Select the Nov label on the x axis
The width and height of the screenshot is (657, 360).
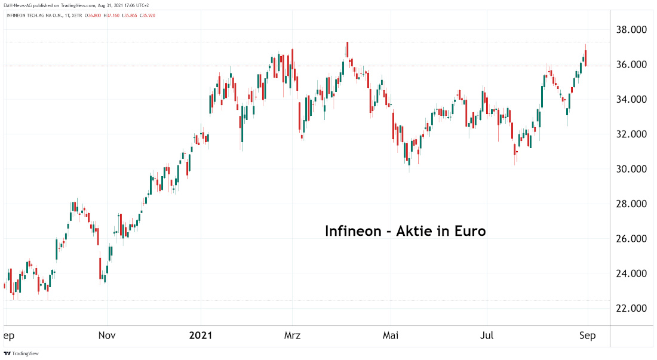107,336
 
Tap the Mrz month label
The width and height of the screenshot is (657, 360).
293,336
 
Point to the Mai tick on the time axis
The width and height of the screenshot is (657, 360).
391,336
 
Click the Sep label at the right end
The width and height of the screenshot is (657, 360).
587,336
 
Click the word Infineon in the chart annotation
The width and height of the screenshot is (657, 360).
353,231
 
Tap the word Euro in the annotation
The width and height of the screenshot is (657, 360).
469,231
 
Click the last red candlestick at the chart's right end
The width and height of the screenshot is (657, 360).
586,58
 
